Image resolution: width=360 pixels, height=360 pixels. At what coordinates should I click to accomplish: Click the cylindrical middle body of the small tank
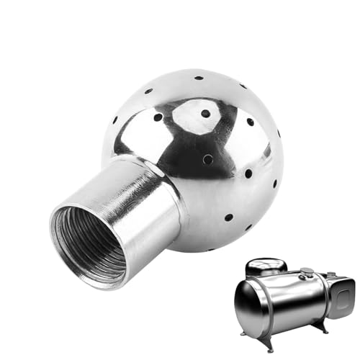[x=288, y=302]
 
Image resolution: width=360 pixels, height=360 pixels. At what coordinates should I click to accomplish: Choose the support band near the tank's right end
[x=317, y=299]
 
